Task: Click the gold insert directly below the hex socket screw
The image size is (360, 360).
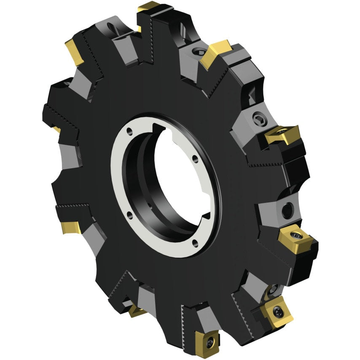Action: tap(282, 135)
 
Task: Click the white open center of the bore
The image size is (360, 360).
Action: tap(177, 177)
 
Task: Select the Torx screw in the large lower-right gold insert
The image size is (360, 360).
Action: tap(279, 312)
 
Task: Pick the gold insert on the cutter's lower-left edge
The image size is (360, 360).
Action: tap(67, 227)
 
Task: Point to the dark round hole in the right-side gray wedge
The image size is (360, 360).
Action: tap(287, 209)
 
